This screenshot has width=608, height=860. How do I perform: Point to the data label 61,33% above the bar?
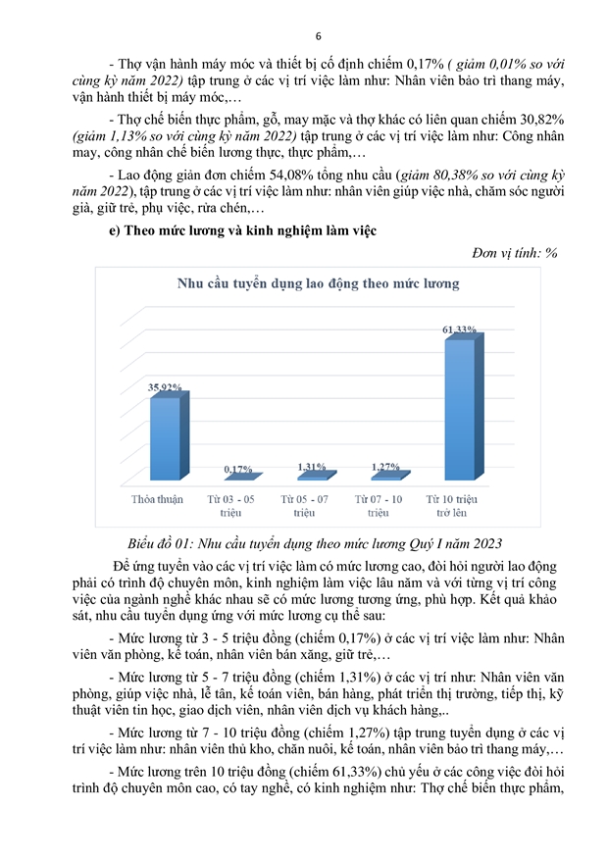click(460, 329)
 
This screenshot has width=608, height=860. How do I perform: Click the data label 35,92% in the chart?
click(165, 388)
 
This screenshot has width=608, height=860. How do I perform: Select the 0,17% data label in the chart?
click(238, 470)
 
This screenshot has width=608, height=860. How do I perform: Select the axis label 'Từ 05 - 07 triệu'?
click(304, 505)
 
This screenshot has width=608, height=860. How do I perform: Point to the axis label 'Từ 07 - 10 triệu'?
click(379, 505)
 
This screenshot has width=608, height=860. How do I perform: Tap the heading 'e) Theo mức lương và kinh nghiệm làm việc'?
click(244, 229)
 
